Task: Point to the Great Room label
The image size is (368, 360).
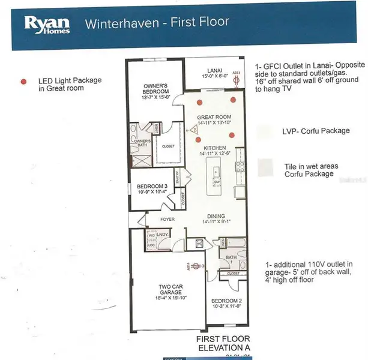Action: tap(214, 118)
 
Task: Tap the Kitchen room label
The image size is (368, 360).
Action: tap(214, 148)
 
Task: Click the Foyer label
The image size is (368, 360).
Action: tap(167, 220)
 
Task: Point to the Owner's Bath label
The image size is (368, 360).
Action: tap(141, 143)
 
